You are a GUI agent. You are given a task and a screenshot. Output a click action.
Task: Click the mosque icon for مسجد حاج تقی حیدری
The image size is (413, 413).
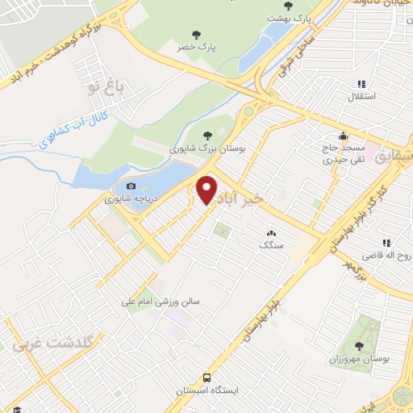[344, 136]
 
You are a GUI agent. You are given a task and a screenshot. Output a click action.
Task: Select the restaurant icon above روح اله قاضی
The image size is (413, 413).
[386, 242]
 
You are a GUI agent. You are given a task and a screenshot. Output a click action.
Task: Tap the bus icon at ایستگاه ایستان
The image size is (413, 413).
[207, 377]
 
